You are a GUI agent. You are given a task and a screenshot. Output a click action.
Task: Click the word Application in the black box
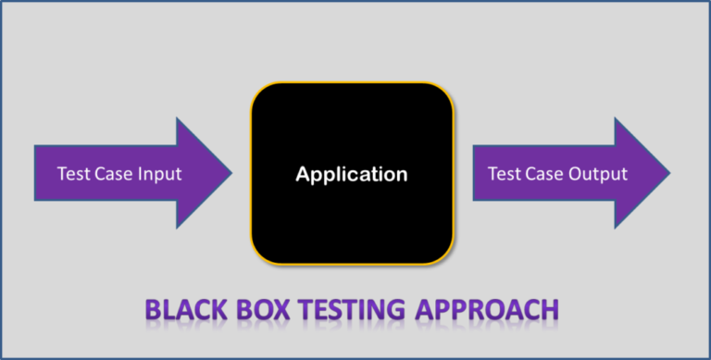pyautogui.click(x=351, y=173)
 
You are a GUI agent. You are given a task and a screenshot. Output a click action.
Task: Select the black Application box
pyautogui.click(x=351, y=213)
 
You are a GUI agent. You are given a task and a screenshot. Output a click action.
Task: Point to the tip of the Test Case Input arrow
pyautogui.click(x=231, y=173)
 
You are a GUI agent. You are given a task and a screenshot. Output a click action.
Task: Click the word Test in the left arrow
pyautogui.click(x=72, y=173)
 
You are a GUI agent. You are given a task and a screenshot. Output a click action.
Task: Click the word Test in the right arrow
pyautogui.click(x=505, y=173)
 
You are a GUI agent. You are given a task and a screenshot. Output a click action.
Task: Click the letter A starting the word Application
pyautogui.click(x=301, y=173)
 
